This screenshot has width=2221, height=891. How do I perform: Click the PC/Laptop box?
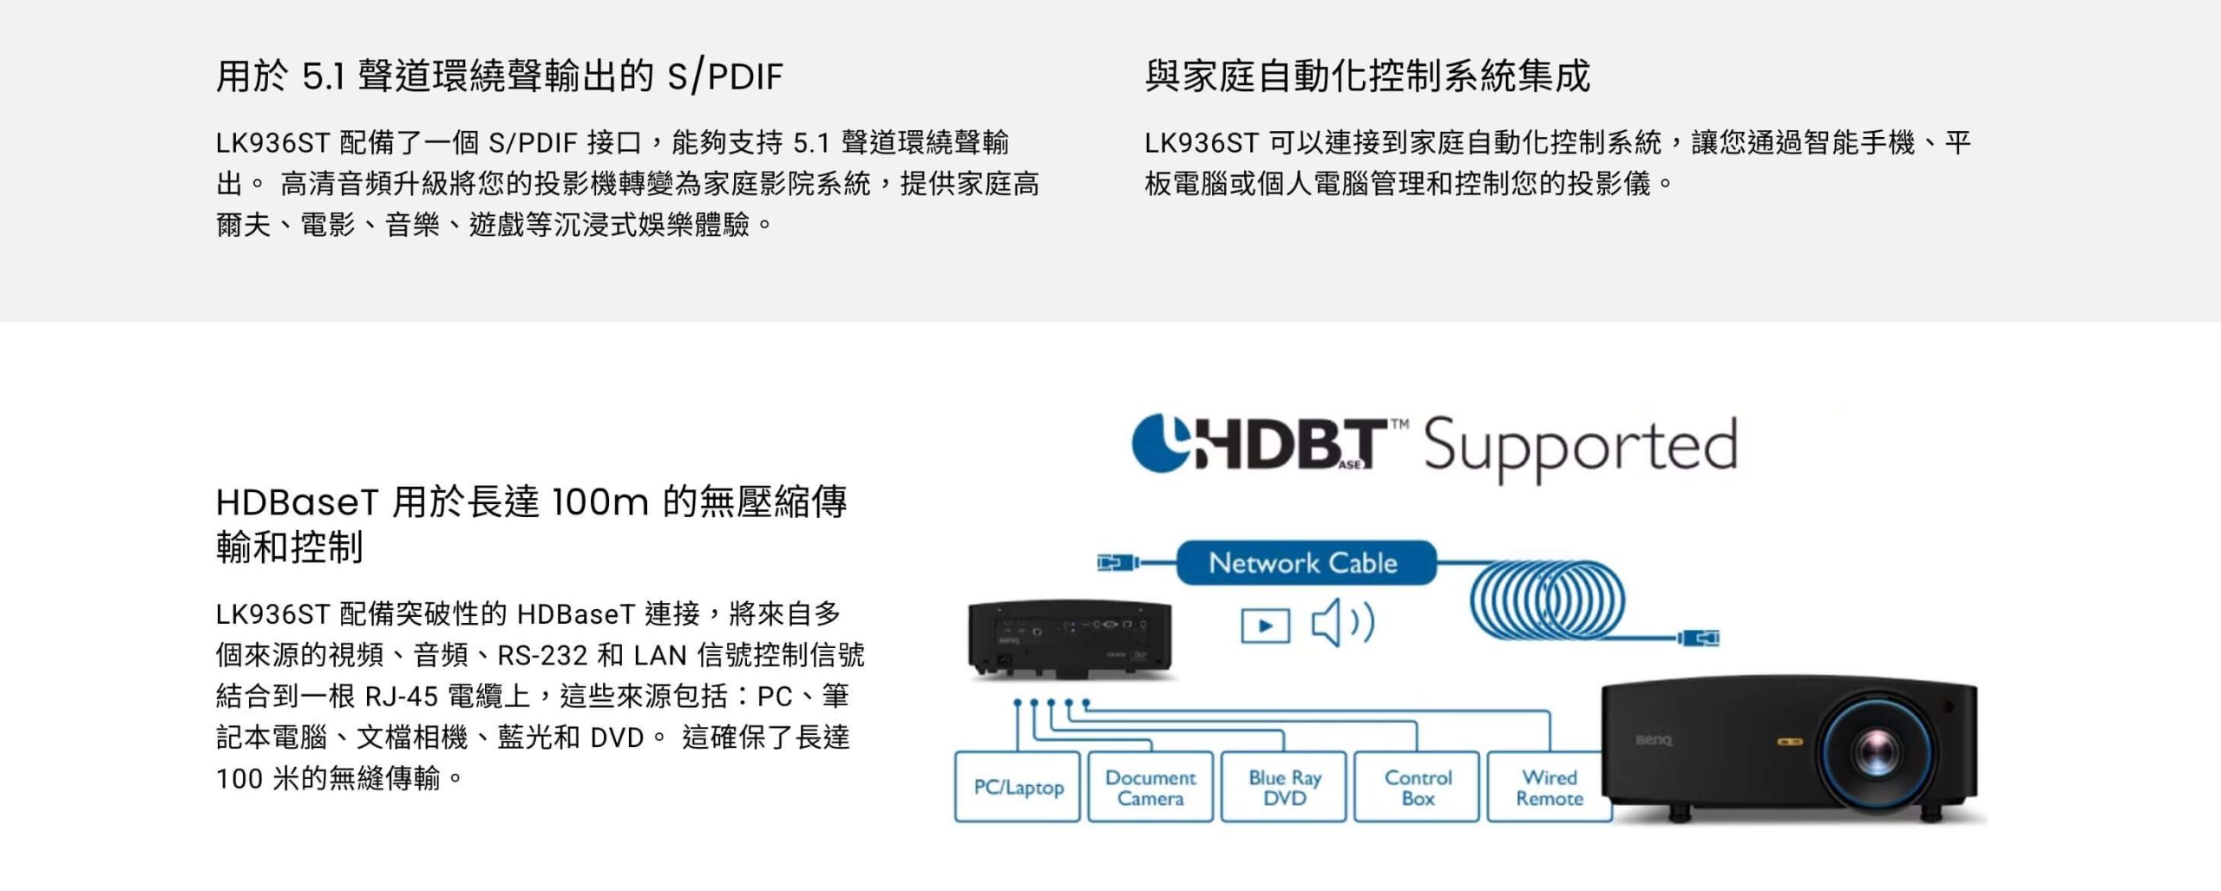[x=1018, y=787]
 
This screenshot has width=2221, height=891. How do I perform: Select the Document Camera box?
[x=1150, y=787]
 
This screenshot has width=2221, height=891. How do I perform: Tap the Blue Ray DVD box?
[x=1284, y=787]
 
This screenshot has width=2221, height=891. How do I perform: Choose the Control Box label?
[x=1418, y=787]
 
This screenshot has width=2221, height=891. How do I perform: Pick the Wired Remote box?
[x=1549, y=787]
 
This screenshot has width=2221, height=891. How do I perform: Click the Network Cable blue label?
[x=1306, y=562]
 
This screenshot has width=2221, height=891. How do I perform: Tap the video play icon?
[x=1265, y=626]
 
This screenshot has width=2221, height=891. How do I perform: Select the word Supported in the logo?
[x=1580, y=446]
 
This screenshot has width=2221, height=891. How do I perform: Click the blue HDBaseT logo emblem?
[x=1161, y=443]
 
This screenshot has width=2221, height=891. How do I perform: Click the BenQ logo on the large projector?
[x=1654, y=740]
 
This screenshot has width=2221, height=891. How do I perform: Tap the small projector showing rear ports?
[x=1070, y=639]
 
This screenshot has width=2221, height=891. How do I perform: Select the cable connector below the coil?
[x=1699, y=639]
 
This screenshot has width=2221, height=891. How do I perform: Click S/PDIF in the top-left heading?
[x=725, y=76]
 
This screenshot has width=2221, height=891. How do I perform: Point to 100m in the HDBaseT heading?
[x=599, y=501]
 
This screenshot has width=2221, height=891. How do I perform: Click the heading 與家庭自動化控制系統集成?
[x=1367, y=75]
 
